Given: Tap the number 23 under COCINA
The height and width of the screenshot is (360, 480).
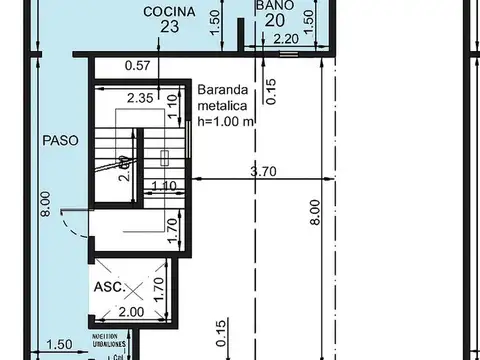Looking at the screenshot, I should coord(168,28).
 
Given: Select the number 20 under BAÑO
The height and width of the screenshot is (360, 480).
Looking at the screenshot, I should coord(275,21).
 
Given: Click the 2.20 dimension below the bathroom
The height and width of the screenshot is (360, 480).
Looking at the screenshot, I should coord(284,40).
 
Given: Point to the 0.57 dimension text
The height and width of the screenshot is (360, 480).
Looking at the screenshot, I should coord(137,67).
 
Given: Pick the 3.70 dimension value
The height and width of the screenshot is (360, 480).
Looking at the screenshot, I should coord(262,172).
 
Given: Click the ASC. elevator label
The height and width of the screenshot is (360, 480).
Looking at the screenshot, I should coord(109,287).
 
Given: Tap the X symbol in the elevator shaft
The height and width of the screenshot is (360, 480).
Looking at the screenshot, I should coord(133,290).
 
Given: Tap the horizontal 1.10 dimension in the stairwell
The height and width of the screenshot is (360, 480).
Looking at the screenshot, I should coord(162,186).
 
